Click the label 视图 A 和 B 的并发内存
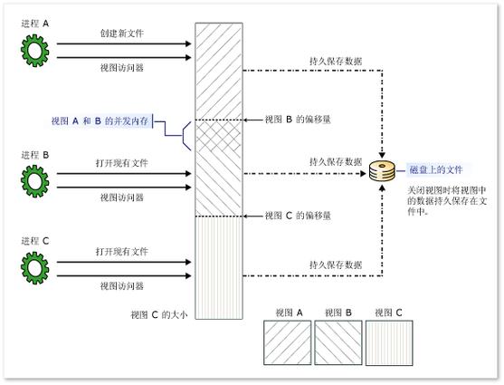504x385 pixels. pos(100,120)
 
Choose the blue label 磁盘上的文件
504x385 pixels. pos(435,168)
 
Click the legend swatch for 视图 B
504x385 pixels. pos(337,343)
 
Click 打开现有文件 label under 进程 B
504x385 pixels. pos(122,165)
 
